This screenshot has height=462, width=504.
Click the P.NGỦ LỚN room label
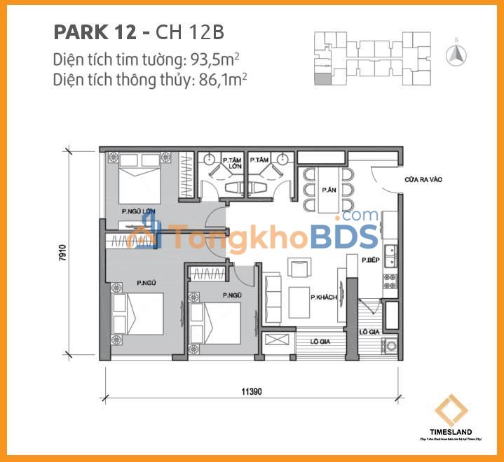click(137, 211)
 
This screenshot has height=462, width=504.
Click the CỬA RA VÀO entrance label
click(423, 179)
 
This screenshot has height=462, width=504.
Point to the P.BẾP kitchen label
click(371, 260)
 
